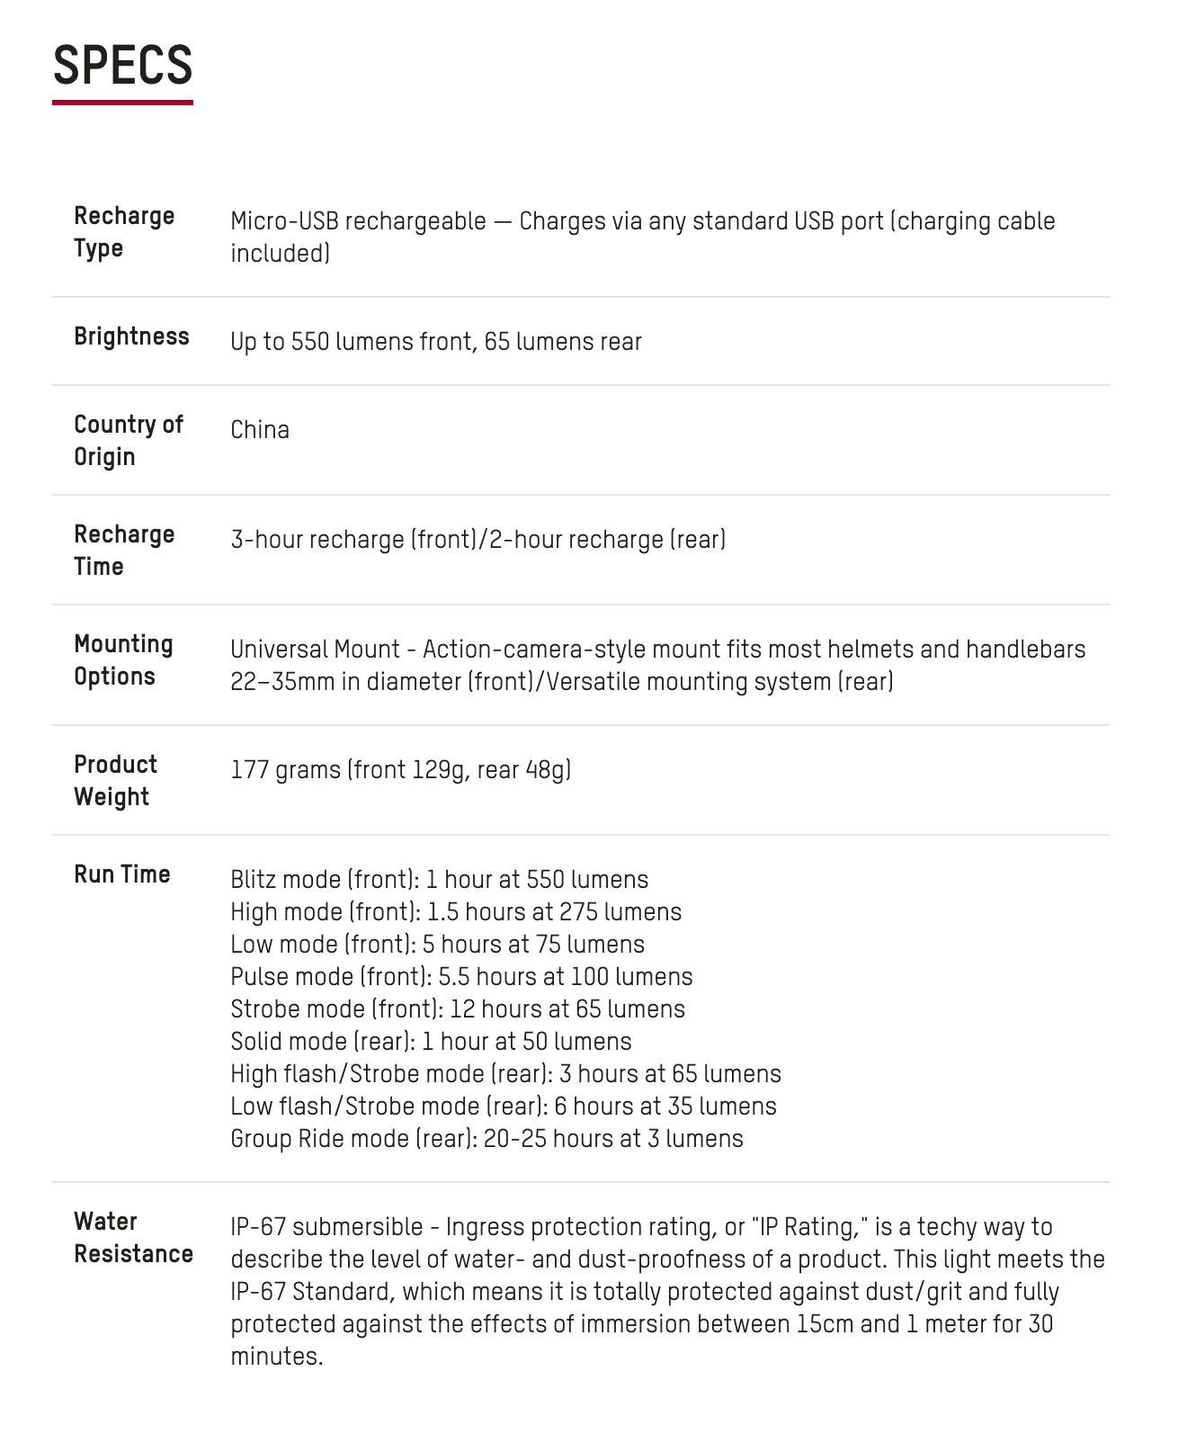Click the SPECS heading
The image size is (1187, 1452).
click(x=122, y=66)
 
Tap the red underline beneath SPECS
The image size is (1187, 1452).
click(x=122, y=103)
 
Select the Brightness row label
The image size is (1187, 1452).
click(x=131, y=336)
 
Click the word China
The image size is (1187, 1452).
click(x=260, y=430)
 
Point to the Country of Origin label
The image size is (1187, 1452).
click(x=128, y=441)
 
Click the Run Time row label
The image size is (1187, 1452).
click(x=121, y=874)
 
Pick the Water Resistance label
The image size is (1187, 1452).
click(x=133, y=1238)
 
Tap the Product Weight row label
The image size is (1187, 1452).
click(x=115, y=781)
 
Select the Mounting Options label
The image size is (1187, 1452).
click(x=123, y=660)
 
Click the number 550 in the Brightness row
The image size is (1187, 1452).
click(x=309, y=342)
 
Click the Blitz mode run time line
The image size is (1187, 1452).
click(x=439, y=880)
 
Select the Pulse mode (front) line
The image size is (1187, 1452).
click(x=461, y=977)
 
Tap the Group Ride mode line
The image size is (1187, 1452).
click(x=486, y=1139)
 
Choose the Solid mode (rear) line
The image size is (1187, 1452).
click(x=431, y=1042)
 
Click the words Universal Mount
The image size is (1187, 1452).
click(x=315, y=650)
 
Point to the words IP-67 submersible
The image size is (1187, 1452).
click(x=326, y=1227)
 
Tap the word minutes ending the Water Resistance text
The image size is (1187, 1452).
click(x=276, y=1357)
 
